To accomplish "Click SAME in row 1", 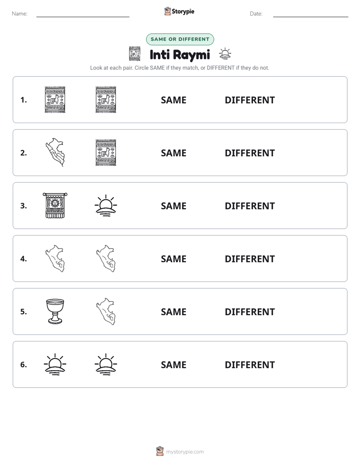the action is pos(173,100).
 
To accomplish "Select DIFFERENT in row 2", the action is pos(250,153).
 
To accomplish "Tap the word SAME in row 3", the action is pos(173,206).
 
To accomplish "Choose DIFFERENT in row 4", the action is pos(250,259).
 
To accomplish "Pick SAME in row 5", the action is pos(173,312).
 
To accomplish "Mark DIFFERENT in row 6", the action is pos(250,365).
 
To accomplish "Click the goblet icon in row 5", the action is pos(55,311).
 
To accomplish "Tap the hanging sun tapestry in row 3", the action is pos(55,205).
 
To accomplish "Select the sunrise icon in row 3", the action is pos(106,206).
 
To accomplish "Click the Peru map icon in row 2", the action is pos(55,152).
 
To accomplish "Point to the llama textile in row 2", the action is pos(106,152).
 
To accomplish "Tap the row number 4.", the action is pos(24,259).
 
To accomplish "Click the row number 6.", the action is pos(24,365).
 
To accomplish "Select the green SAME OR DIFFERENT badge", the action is pos(180,39).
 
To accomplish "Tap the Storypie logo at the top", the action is pos(179,11).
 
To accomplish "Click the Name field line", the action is pos(83,17).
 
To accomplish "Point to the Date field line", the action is pos(311,17).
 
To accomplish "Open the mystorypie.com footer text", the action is pos(185,452).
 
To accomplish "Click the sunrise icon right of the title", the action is pos(225,53).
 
